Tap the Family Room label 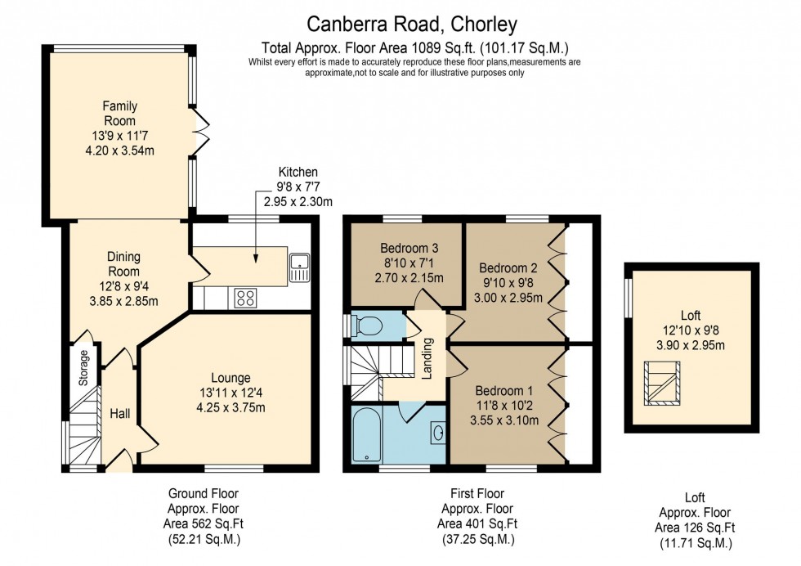[119, 113]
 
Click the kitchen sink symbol [299, 267]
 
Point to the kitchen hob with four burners [244, 298]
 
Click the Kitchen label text [298, 172]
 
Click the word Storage [83, 369]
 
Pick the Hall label [120, 415]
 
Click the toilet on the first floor [369, 326]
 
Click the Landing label [426, 360]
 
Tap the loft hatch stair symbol [662, 387]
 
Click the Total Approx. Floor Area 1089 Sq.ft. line [414, 47]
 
